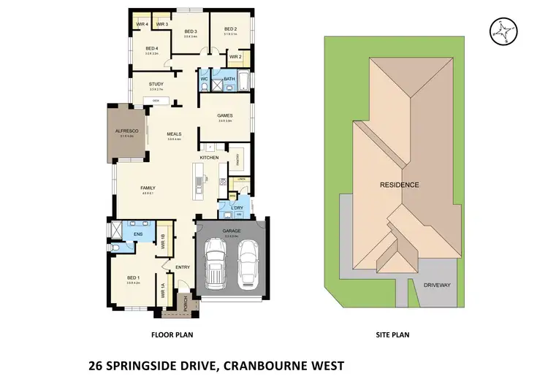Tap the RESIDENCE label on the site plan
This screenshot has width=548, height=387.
pos(399,185)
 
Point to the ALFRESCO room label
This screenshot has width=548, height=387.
pos(126,131)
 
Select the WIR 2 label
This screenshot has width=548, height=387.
pos(235,57)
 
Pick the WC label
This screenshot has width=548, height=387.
pos(205,78)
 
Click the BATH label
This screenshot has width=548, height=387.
pos(229,78)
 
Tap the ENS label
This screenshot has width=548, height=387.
pos(138,234)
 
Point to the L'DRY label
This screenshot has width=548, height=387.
pos(237,209)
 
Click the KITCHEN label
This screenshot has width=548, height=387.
pos(210,158)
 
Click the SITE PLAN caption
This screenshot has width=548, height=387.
pos(393,335)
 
